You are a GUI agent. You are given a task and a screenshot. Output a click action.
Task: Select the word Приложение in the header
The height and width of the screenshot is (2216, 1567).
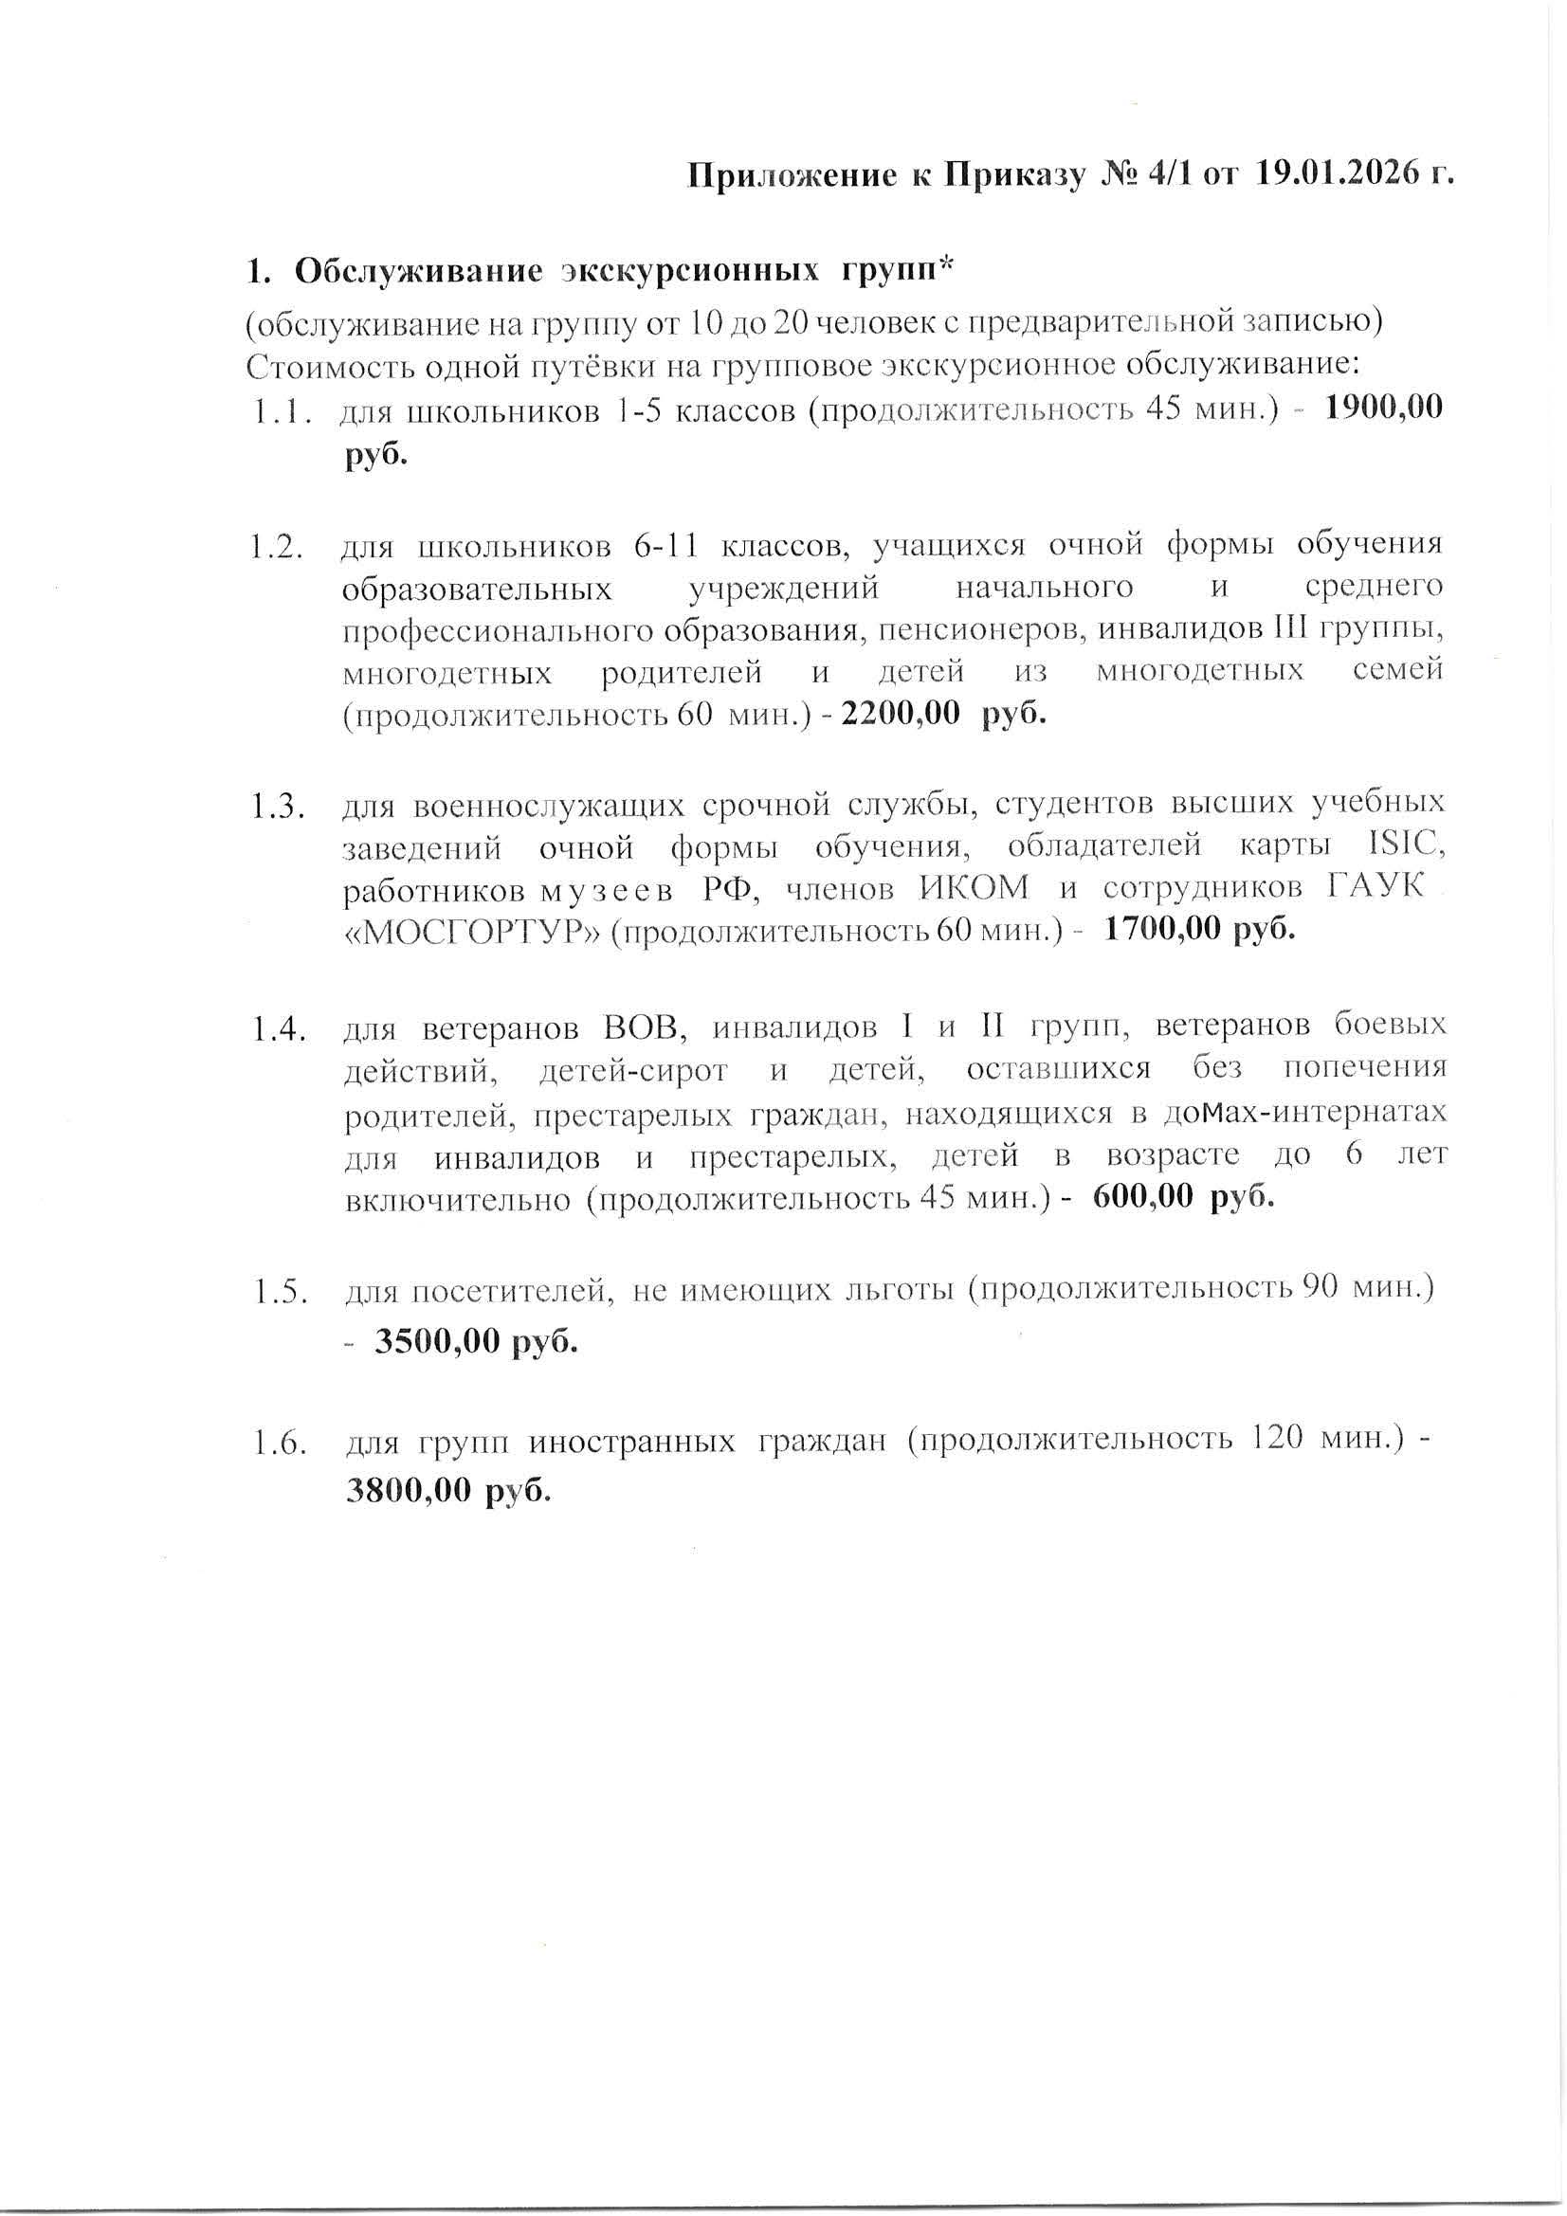(792, 175)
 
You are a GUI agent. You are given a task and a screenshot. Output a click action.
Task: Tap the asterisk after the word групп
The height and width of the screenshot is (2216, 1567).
(945, 265)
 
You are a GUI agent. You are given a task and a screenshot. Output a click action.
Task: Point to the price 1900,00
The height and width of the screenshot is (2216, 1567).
(1382, 409)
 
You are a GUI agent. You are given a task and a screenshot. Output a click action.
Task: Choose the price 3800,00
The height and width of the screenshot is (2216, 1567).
(409, 1491)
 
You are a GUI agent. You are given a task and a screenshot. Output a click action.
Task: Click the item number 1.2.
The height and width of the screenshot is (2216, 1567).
(276, 547)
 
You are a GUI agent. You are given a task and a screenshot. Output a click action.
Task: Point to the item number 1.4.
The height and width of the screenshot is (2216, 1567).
(280, 1030)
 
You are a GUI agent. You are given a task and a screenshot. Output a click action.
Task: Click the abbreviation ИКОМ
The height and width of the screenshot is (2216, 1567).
(974, 888)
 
